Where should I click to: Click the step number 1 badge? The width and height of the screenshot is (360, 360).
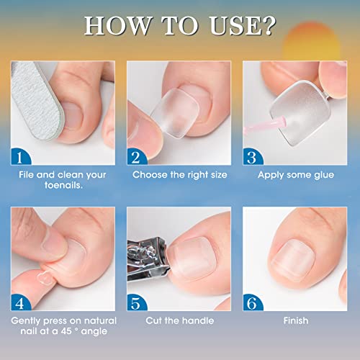point(19,157)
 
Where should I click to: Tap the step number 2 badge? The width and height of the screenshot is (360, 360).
point(135,157)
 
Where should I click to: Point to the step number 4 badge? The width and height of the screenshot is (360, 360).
point(19,303)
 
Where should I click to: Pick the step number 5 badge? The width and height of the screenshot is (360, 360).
point(135,303)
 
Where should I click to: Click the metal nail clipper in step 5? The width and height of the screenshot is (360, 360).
point(148,259)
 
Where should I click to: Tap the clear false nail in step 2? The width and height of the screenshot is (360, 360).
point(175,113)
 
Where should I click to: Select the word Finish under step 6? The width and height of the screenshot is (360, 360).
point(296,320)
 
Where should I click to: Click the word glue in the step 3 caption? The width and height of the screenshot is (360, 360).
point(324,175)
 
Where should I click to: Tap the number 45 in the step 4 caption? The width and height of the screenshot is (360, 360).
point(66,331)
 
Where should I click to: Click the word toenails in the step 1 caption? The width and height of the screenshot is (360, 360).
point(63,185)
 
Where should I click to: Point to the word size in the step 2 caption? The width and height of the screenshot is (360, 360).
point(219,175)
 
